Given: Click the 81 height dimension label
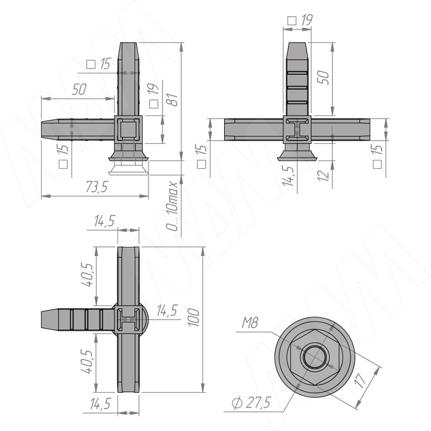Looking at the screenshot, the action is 173,100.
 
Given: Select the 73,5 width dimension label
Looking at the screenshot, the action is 97,187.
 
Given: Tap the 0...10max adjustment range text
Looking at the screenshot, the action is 172,206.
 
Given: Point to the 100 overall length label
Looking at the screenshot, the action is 194,318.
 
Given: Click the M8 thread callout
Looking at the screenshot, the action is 249,323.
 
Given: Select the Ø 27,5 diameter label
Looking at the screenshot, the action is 251,403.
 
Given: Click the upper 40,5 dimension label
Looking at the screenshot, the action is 88,275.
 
